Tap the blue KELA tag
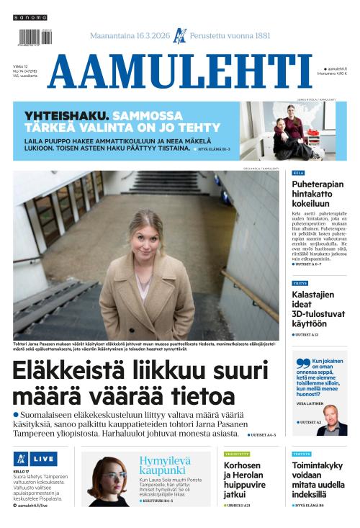pos(298,174)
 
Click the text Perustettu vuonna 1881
pos(230,35)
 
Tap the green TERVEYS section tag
pos(302,454)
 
